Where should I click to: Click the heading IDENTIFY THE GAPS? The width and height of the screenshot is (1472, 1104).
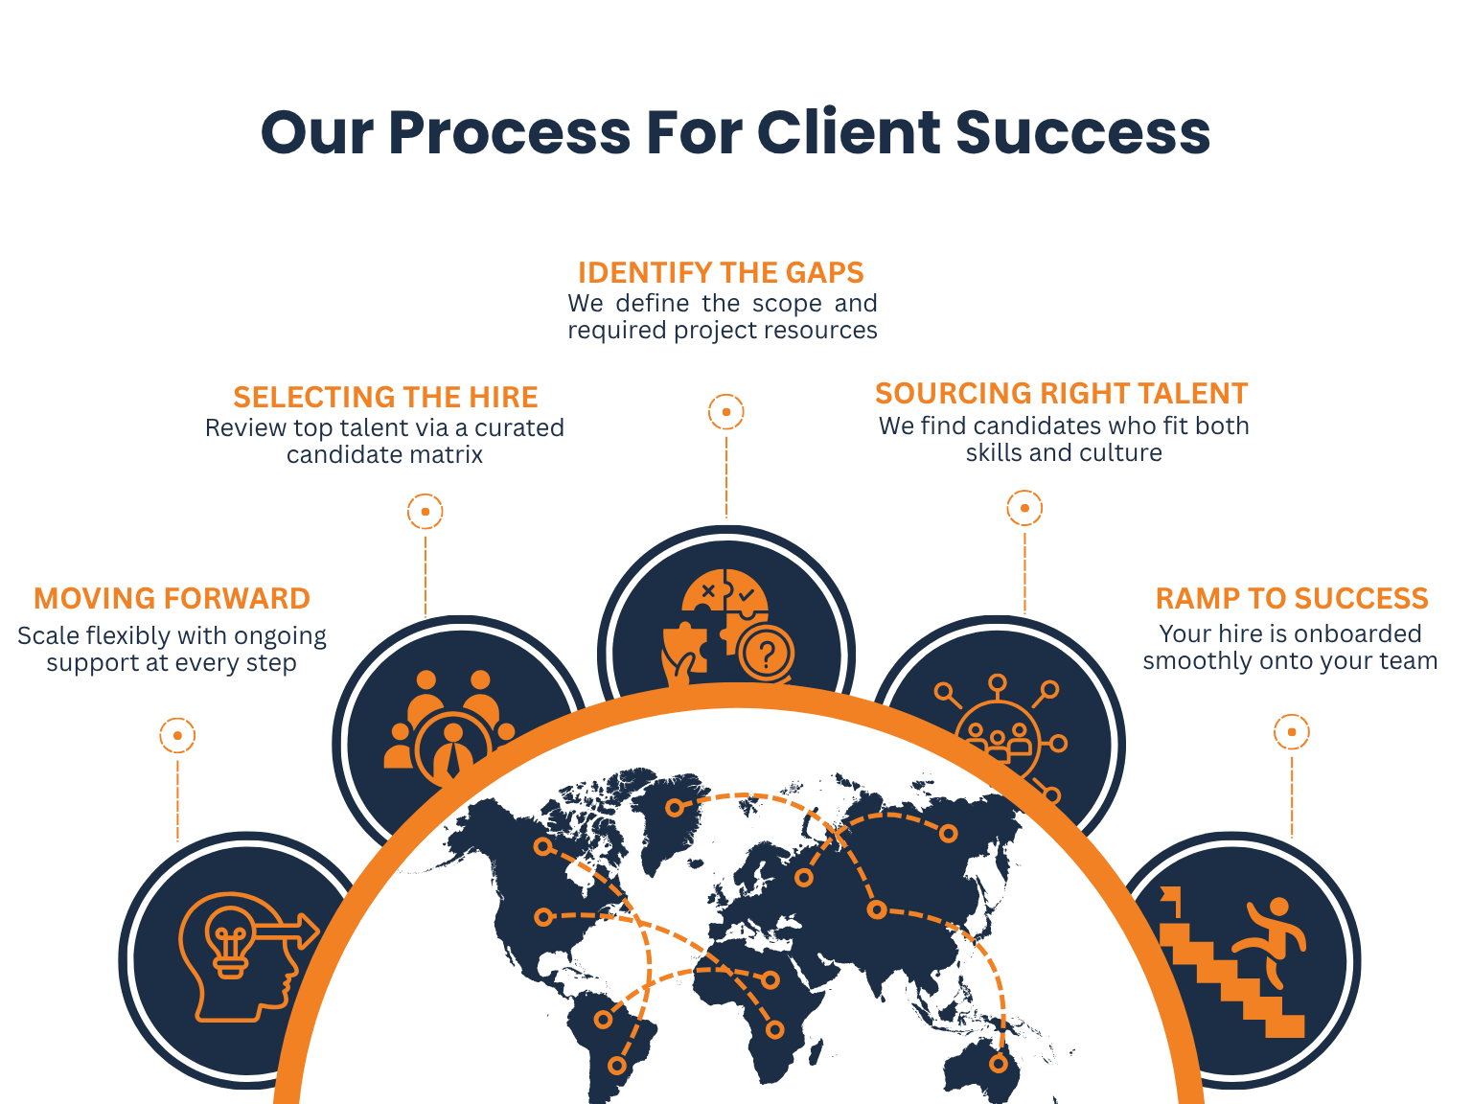(x=721, y=273)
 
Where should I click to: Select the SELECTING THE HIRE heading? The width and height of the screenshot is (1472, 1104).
(x=385, y=397)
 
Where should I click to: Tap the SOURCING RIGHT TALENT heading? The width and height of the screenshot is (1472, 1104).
(x=1062, y=394)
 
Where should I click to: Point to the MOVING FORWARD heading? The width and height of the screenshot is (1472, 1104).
(x=172, y=599)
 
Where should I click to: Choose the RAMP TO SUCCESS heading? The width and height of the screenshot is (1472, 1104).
(x=1292, y=599)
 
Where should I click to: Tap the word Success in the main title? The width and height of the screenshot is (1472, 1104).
(x=1083, y=132)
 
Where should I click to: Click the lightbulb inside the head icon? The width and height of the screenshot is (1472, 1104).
(x=230, y=942)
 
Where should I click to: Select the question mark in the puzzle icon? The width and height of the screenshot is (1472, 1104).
(x=767, y=653)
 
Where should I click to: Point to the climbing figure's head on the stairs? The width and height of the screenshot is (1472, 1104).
(x=1278, y=907)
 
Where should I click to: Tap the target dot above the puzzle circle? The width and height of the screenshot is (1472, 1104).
(x=726, y=411)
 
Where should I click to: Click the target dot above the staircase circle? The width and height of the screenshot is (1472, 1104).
(x=1292, y=732)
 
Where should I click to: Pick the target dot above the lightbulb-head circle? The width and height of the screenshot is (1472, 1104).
(x=177, y=735)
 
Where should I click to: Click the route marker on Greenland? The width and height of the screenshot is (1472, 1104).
(x=676, y=808)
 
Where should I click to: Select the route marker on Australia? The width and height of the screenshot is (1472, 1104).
(x=999, y=1063)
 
